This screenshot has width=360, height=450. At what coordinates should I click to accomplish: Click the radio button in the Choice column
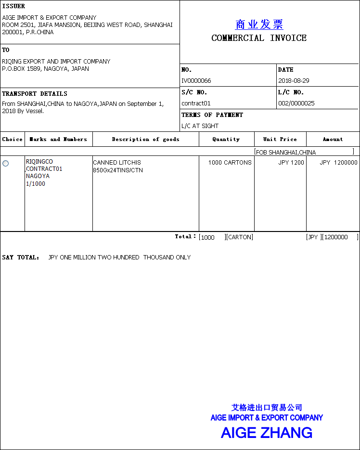(6, 164)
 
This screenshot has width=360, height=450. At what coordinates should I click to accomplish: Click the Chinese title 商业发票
(259, 25)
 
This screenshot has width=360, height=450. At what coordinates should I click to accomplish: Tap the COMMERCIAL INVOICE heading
(259, 38)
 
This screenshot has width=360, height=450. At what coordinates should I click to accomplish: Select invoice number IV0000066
(196, 81)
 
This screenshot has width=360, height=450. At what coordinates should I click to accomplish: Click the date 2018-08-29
(294, 81)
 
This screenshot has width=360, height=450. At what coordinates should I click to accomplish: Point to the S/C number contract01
(196, 103)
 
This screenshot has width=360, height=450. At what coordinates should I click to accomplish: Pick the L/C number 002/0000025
(296, 103)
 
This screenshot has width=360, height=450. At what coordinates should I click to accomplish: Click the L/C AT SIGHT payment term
(200, 126)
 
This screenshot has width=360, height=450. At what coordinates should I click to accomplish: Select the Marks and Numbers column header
(58, 140)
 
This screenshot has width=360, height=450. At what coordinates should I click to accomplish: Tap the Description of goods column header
(145, 140)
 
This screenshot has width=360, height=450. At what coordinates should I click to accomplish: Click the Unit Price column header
(280, 140)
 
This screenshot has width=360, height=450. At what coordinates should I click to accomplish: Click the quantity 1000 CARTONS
(230, 163)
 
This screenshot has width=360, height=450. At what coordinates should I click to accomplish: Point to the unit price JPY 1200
(291, 163)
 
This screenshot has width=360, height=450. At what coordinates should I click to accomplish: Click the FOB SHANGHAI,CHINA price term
(286, 153)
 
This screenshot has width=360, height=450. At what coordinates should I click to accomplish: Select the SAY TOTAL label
(21, 257)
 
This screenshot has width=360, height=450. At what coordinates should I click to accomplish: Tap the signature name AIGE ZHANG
(266, 433)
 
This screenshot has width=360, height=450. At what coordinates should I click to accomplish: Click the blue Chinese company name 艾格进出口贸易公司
(267, 408)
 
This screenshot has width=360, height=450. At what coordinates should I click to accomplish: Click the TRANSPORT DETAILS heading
(35, 94)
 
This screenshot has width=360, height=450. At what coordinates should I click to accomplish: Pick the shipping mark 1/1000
(36, 184)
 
